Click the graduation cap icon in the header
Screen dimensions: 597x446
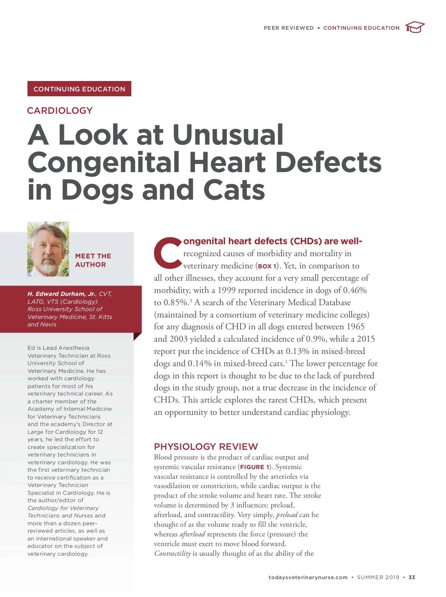click(415, 27)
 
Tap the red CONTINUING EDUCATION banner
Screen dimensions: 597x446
click(79, 89)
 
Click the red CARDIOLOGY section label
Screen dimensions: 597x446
click(60, 110)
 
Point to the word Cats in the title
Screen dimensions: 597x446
click(234, 190)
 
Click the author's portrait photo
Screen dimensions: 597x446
click(48, 249)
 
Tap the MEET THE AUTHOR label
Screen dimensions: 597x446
click(93, 260)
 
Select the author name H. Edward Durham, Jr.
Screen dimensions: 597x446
click(61, 294)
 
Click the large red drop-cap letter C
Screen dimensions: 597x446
click(168, 253)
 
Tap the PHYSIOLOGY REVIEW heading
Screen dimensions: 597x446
click(206, 446)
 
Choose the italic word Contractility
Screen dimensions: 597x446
click(172, 554)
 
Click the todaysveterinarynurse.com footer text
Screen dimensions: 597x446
click(308, 577)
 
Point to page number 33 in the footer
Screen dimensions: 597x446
click(412, 577)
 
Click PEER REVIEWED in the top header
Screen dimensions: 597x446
click(288, 28)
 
